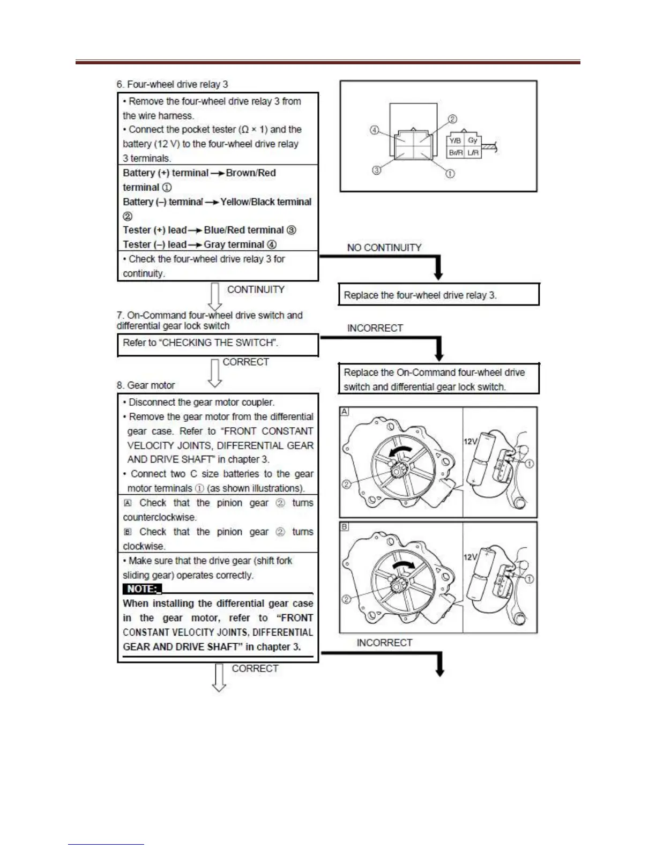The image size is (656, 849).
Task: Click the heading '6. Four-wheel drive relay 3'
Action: [x=172, y=84]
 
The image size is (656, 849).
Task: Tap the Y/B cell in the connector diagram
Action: [x=455, y=140]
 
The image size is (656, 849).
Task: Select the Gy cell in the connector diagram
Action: [x=473, y=140]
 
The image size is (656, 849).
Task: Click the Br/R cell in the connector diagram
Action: [x=455, y=153]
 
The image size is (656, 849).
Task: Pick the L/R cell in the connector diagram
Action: [x=473, y=153]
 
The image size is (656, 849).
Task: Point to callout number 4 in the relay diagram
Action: [x=375, y=130]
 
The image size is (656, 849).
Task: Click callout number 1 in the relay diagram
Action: [x=450, y=174]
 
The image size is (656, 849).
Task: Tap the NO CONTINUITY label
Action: [x=384, y=248]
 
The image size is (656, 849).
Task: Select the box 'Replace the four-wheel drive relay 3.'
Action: [x=438, y=295]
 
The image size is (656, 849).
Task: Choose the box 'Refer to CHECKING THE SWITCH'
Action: [x=218, y=344]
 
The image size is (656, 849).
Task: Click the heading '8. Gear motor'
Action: [x=146, y=385]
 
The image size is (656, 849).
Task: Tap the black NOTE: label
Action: [x=142, y=589]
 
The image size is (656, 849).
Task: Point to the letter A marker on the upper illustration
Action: [x=345, y=412]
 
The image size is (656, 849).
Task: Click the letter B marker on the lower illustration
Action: [x=345, y=527]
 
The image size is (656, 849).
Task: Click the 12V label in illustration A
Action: [x=470, y=441]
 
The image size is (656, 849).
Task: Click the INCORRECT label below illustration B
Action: [x=384, y=643]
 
